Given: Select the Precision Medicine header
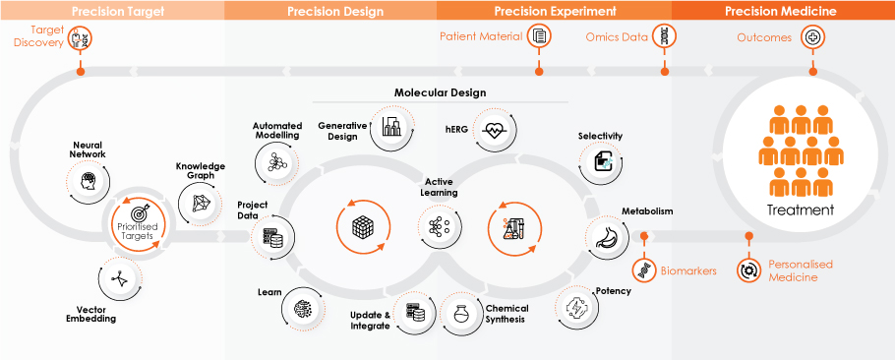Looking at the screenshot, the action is click(780, 11).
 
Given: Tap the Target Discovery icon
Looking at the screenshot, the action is click(80, 38).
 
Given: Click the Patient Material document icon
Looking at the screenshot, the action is click(539, 36).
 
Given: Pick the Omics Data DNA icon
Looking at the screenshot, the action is click(665, 36).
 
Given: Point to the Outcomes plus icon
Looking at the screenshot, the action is click(812, 37).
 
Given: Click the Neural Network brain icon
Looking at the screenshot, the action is click(88, 182).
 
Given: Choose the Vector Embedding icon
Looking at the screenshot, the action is click(119, 278).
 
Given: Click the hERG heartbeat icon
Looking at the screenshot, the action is click(493, 130).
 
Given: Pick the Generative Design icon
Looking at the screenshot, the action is click(392, 126).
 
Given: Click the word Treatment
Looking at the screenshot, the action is click(800, 210).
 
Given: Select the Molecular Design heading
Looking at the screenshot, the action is click(440, 92).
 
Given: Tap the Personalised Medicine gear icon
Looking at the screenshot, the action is click(746, 270).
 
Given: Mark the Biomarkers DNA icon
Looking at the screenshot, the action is click(644, 270).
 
